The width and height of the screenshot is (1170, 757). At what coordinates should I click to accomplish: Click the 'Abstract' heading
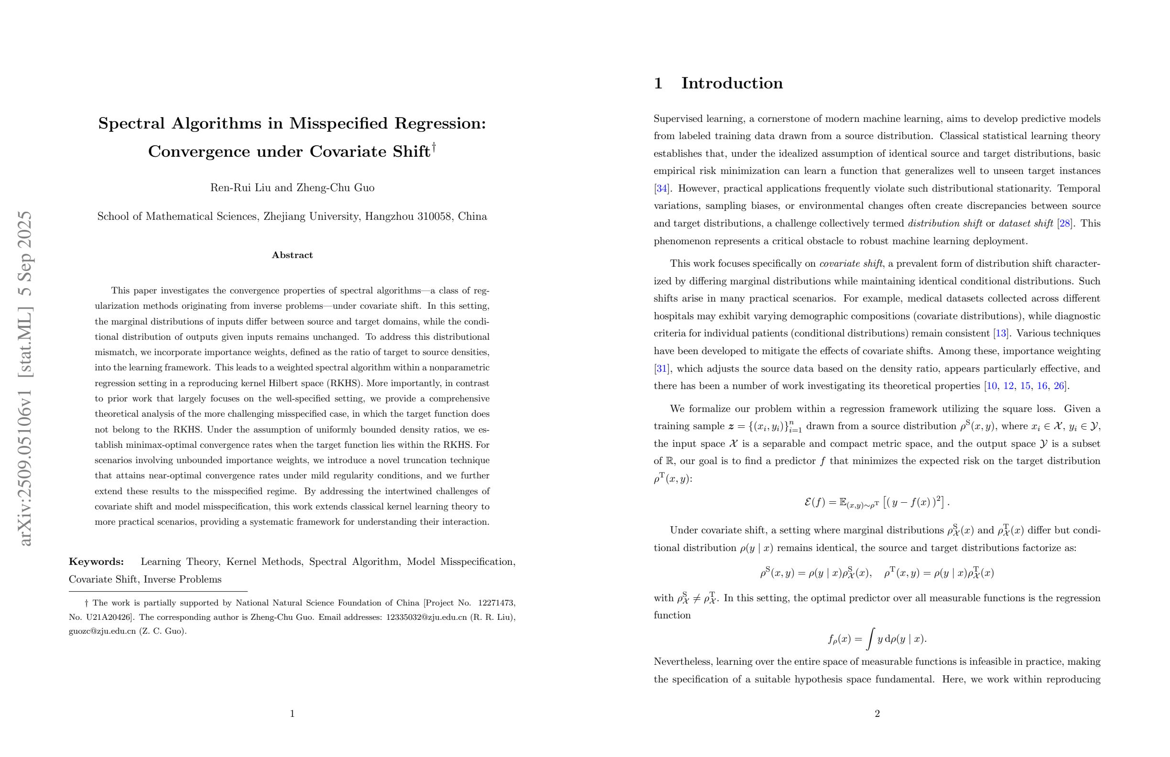point(292,255)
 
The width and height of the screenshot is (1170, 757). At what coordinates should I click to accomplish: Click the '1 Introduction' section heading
point(718,83)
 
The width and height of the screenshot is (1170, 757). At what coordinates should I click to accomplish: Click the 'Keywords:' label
point(97,562)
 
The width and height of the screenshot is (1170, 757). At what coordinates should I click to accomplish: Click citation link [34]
point(661,189)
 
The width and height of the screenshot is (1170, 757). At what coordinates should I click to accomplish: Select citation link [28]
point(1065,224)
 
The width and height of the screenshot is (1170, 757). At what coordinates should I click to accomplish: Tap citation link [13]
point(1000,334)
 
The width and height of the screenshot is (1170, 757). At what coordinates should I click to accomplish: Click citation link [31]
point(661,368)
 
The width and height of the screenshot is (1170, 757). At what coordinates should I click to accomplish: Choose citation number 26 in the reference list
point(1059,386)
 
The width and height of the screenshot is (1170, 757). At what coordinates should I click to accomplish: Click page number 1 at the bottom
point(292,714)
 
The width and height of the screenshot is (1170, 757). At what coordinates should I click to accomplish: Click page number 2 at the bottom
point(877,714)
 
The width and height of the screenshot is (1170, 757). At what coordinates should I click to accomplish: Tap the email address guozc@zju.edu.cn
point(102,632)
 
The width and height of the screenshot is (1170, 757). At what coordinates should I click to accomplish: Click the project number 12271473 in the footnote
point(496,603)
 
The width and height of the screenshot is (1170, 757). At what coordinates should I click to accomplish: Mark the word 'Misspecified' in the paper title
point(339,123)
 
